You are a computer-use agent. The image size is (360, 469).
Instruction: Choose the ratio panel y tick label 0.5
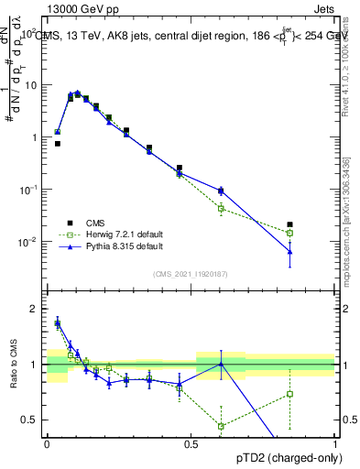(x=30, y=420)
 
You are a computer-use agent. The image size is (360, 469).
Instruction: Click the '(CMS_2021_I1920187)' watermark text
(x=191, y=273)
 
